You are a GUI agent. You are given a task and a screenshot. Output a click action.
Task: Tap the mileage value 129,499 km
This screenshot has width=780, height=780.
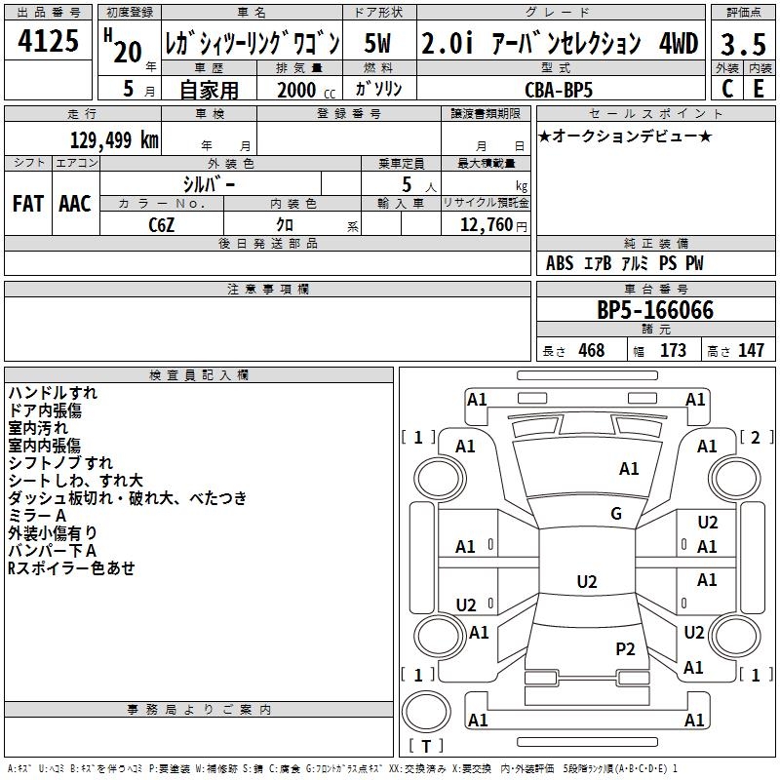114,139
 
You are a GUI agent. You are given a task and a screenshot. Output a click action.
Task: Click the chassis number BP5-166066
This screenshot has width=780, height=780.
655,311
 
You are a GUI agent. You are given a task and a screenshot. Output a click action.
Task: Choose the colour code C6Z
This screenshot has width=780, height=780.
161,224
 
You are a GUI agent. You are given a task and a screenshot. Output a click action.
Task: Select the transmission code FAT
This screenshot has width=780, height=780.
27,204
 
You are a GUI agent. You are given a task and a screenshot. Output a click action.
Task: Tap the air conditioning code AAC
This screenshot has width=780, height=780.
75,204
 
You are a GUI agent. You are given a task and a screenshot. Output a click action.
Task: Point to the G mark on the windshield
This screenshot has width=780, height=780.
616,514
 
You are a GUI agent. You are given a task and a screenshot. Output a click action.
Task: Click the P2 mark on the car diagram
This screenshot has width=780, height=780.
625,648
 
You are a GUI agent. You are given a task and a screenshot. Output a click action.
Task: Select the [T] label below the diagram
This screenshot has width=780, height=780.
426,747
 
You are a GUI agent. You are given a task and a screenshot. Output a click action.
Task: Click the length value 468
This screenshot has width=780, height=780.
589,351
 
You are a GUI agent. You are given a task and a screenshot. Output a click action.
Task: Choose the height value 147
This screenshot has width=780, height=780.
751,351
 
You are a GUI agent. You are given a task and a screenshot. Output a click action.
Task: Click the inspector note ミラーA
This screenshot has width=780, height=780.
37,515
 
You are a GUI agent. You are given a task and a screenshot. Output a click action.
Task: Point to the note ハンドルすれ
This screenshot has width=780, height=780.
53,393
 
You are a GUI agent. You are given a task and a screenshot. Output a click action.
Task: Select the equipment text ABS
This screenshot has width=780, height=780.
560,263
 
